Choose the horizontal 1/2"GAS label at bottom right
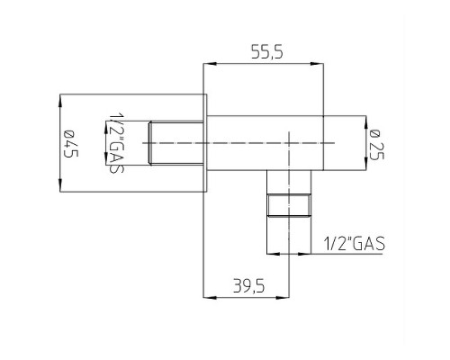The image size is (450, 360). pos(352,244)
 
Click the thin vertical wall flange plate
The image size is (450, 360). pos(206,143)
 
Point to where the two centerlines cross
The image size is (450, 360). pos(289,143)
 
